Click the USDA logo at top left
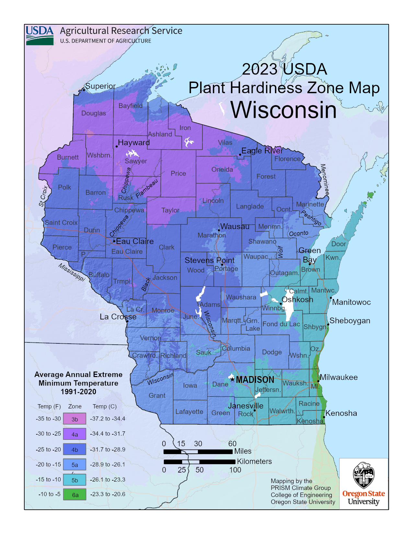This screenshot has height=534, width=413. [x=40, y=35]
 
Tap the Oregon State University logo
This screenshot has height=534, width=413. [x=363, y=484]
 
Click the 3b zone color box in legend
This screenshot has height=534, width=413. [x=75, y=419]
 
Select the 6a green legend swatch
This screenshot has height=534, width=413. [x=75, y=495]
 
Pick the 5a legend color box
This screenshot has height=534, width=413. [x=75, y=464]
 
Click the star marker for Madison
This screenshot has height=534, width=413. [x=232, y=379]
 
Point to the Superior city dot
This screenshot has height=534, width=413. [x=84, y=90]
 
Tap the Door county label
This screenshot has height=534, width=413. [x=338, y=244]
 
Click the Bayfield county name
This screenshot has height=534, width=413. [x=130, y=106]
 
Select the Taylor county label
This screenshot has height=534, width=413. [x=170, y=210]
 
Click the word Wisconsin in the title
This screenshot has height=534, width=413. [x=283, y=110]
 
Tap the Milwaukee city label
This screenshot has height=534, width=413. [x=338, y=377]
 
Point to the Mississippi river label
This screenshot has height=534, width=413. [x=72, y=272]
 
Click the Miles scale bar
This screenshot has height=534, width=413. [x=198, y=451]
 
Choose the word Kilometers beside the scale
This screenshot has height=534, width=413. [x=254, y=462]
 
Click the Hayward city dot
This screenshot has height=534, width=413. [x=117, y=146]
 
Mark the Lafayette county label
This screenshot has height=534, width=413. [x=189, y=412]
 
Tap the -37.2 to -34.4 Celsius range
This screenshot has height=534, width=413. [x=108, y=418]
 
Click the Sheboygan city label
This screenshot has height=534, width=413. [x=350, y=321]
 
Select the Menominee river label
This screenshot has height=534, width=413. [x=325, y=180]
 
